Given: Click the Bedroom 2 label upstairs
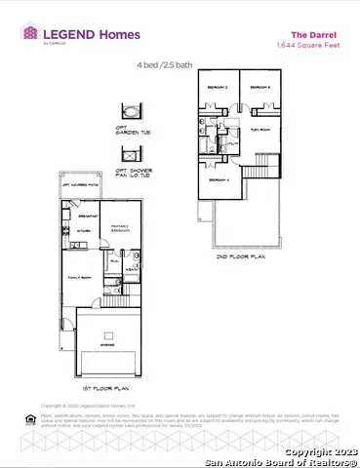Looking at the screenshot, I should pyautogui.click(x=217, y=87).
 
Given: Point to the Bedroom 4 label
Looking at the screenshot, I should pyautogui.click(x=217, y=179).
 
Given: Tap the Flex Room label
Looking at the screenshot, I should pyautogui.click(x=260, y=127).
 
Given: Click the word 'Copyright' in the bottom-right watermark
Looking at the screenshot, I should pyautogui.click(x=304, y=453).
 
